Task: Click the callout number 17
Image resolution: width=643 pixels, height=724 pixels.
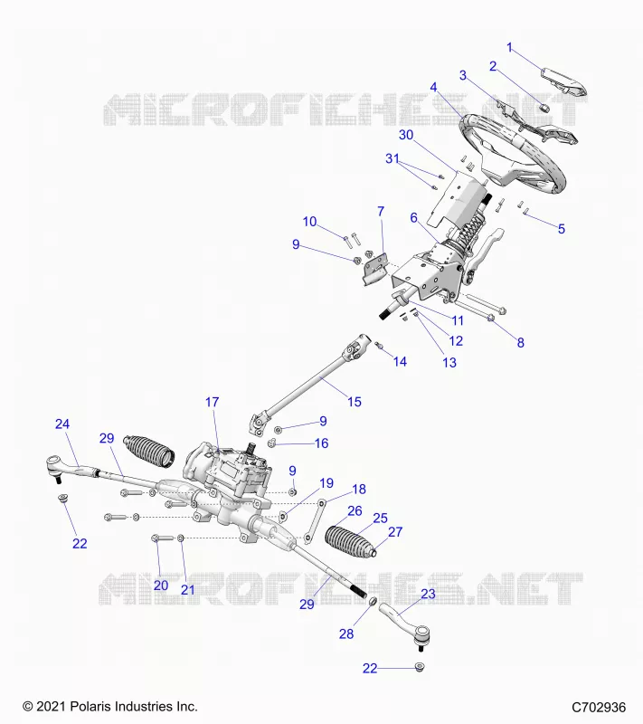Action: coord(213,402)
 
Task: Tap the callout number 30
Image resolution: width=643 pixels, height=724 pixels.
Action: coord(406,135)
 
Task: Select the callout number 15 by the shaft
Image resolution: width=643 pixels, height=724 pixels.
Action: coord(355,402)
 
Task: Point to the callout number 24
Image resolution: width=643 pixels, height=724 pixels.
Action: coord(62,424)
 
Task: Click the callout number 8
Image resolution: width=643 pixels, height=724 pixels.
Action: coord(520,343)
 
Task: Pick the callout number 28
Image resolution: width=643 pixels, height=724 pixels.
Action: coord(346,634)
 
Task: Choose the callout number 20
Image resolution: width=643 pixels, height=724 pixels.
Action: coord(161,586)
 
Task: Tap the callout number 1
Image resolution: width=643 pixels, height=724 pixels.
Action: coord(509,48)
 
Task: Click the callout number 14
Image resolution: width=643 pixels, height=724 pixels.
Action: coord(400,361)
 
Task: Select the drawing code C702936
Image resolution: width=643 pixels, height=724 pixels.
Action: coord(599,708)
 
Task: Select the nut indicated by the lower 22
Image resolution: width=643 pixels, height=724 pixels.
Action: coord(420,667)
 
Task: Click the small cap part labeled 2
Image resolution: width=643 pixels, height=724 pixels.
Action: coord(544,108)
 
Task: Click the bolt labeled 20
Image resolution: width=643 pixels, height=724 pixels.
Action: coord(163,538)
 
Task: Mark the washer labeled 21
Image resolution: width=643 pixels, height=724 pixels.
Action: coord(181,538)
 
